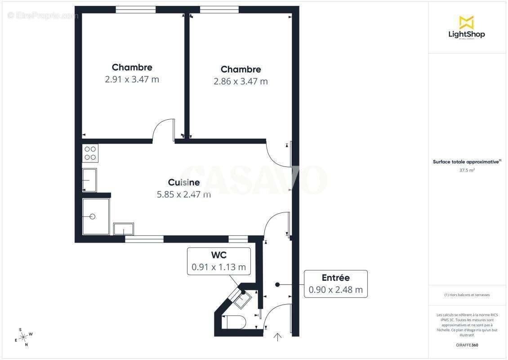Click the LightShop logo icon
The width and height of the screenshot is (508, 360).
(x=466, y=22)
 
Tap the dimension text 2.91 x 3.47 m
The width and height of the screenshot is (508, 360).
(x=132, y=79)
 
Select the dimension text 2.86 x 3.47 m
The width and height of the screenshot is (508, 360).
(x=241, y=81)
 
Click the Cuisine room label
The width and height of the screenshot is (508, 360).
(x=184, y=182)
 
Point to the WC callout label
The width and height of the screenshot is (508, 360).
(x=218, y=255)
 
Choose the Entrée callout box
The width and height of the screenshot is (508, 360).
(x=335, y=283)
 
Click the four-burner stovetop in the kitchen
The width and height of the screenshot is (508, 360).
(x=90, y=153)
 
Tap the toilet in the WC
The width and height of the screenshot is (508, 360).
(x=234, y=322)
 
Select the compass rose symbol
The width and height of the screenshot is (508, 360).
(x=23, y=337)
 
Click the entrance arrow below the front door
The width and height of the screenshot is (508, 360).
(x=278, y=337)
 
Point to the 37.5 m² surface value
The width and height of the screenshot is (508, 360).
(x=467, y=171)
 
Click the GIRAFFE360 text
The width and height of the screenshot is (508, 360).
(x=467, y=345)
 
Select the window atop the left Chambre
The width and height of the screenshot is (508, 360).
(x=136, y=9)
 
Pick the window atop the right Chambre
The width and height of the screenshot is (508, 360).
(x=219, y=9)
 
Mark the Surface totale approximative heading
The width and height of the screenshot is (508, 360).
(x=467, y=162)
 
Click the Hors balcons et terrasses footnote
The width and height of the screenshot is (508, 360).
(x=467, y=295)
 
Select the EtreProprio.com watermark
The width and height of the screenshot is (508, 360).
(x=43, y=16)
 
